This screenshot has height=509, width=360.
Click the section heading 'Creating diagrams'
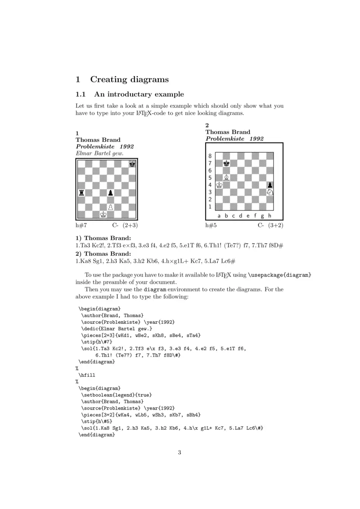pyautogui.click(x=130, y=80)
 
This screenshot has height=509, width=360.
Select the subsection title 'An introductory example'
pyautogui.click(x=139, y=94)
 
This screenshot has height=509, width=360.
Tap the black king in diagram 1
pyautogui.click(x=132, y=165)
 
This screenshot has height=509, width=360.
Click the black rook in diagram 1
pyautogui.click(x=82, y=193)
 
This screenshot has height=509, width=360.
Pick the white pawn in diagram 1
pyautogui.click(x=110, y=206)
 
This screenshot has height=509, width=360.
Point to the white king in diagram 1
pyautogui.click(x=103, y=214)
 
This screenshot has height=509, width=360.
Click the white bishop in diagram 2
pyautogui.click(x=227, y=178)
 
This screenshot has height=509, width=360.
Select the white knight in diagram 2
pyautogui.click(x=270, y=192)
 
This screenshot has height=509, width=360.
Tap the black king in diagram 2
pyautogui.click(x=227, y=163)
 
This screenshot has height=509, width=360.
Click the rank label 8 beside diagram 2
pyautogui.click(x=209, y=156)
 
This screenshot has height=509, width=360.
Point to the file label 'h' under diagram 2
pyautogui.click(x=270, y=215)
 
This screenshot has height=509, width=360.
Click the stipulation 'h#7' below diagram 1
pyautogui.click(x=81, y=225)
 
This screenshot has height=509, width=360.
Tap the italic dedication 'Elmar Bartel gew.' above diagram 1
pyautogui.click(x=99, y=153)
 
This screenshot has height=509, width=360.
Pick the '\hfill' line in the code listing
pyautogui.click(x=87, y=374)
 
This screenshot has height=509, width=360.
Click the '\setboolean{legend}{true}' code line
pyautogui.click(x=116, y=394)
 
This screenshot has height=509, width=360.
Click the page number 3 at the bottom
pyautogui.click(x=179, y=452)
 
